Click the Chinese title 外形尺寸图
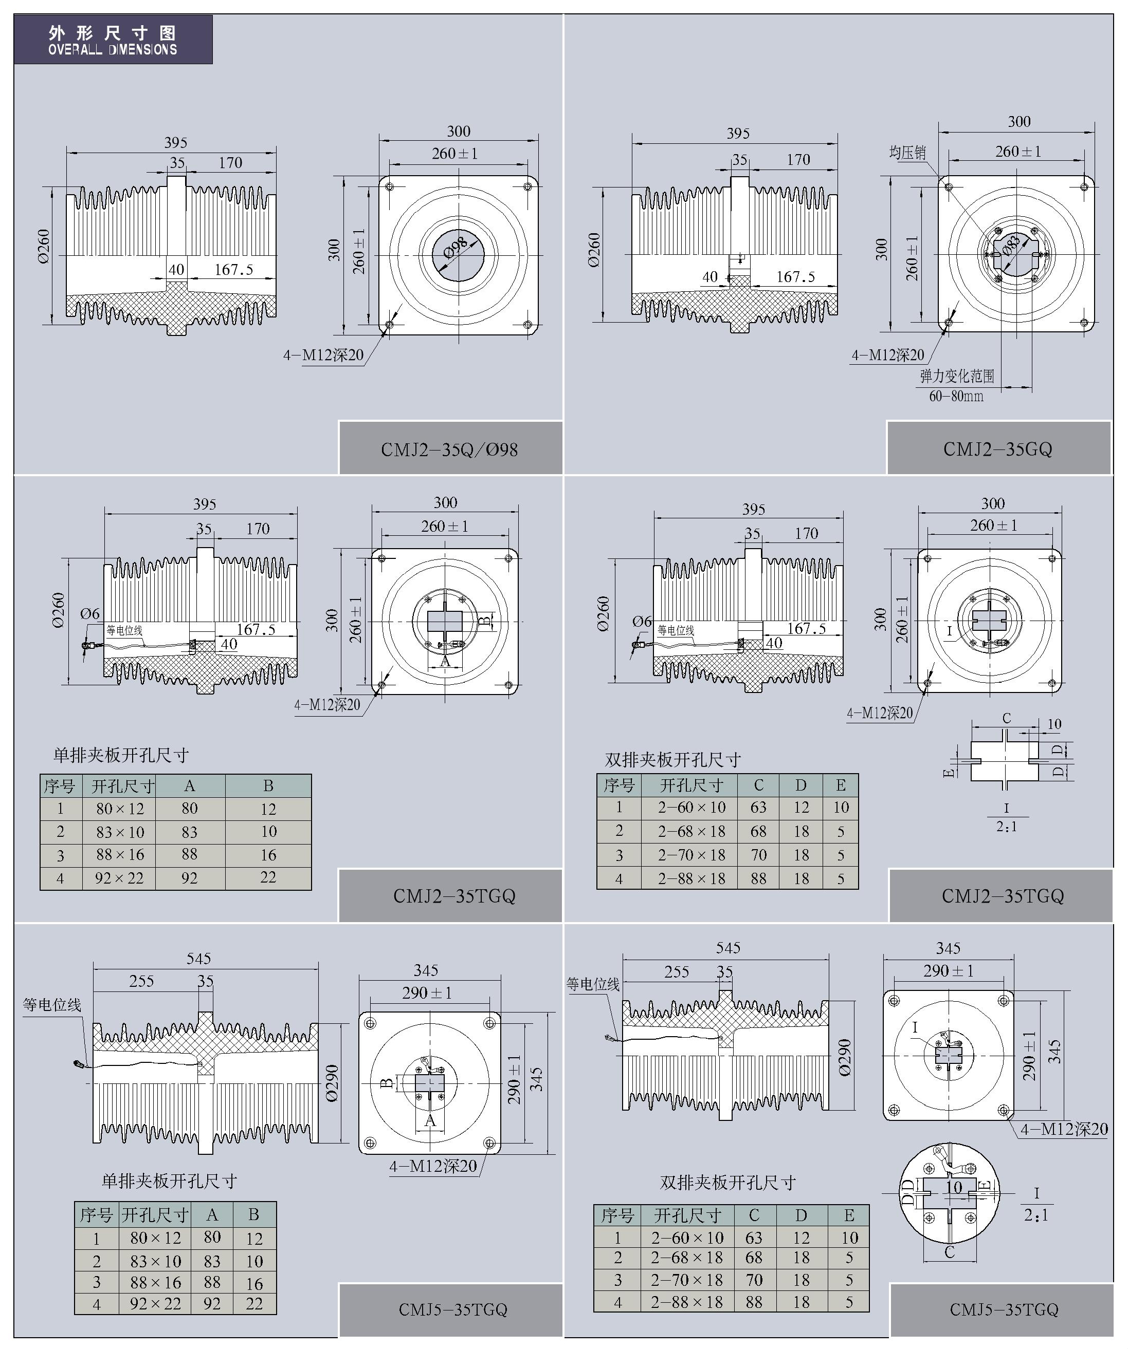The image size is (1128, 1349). (x=113, y=33)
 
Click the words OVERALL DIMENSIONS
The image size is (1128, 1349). (x=113, y=49)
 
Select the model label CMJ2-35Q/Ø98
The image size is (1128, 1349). (x=449, y=449)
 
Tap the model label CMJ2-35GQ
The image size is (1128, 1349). (x=997, y=449)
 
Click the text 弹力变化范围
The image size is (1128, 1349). (x=957, y=377)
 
